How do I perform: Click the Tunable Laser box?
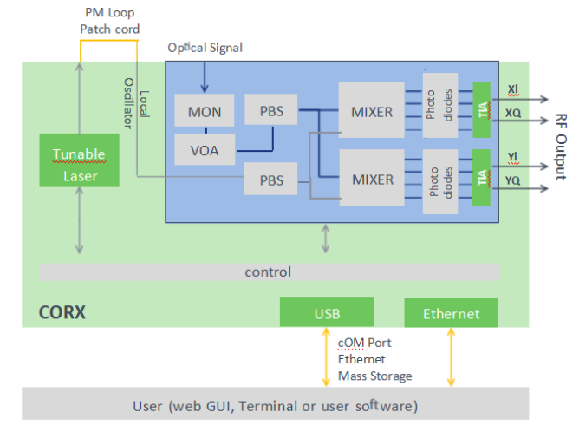tap(79, 165)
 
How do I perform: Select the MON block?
tap(204, 112)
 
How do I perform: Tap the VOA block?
tap(204, 150)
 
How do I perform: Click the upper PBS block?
tap(277, 112)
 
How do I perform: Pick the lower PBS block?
tap(277, 180)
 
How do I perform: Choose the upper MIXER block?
tap(372, 111)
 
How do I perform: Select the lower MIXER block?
tap(372, 180)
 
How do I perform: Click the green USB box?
tap(326, 312)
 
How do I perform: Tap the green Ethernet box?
tap(451, 313)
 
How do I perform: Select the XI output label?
tap(512, 89)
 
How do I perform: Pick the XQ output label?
tap(513, 113)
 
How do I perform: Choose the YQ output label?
tap(513, 180)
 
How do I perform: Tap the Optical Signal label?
tap(205, 48)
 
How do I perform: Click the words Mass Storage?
tap(374, 376)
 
